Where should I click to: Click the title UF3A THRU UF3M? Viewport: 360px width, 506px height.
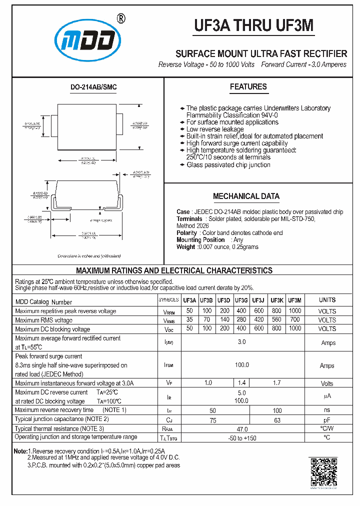254,25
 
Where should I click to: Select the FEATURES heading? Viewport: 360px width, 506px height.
248,87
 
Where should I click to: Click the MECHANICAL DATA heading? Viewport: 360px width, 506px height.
246,196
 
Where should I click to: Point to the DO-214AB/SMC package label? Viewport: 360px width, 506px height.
93,87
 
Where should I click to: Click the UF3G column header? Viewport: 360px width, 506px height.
241,300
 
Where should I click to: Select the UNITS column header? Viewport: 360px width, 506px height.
327,300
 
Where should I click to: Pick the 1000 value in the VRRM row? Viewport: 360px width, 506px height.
295,311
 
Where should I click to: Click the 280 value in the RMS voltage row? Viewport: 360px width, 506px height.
241,320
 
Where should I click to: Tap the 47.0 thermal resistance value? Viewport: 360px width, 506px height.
242,429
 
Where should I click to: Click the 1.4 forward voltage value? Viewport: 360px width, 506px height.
242,383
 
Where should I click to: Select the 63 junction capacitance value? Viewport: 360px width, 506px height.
277,420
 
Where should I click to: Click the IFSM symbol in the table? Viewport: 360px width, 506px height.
168,365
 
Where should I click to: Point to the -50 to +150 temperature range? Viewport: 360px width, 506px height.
242,438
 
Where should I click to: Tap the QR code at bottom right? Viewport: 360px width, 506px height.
324,471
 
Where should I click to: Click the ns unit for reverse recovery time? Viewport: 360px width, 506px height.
327,410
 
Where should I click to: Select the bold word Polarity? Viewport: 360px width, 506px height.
187,233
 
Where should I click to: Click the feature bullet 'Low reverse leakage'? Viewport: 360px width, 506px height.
208,129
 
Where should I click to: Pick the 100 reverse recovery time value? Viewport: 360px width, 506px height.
277,410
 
